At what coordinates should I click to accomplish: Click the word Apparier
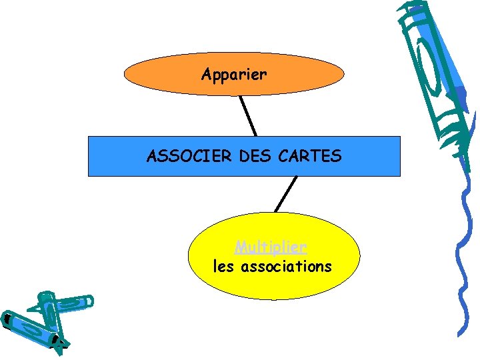coord(234,75)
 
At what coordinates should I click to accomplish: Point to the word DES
coord(251,157)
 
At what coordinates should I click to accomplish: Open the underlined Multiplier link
coord(271,247)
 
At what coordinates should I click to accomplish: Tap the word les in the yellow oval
coord(224,267)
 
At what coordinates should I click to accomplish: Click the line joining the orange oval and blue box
coord(248,116)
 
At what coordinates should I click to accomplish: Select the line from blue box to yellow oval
coord(285,194)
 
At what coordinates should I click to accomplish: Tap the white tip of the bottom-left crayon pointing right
coord(90,302)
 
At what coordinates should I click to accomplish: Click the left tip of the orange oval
coord(125,75)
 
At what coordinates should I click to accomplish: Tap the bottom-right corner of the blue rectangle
coord(400,175)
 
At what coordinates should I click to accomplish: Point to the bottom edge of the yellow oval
coord(274,299)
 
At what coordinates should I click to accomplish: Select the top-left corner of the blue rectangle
coord(89,137)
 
